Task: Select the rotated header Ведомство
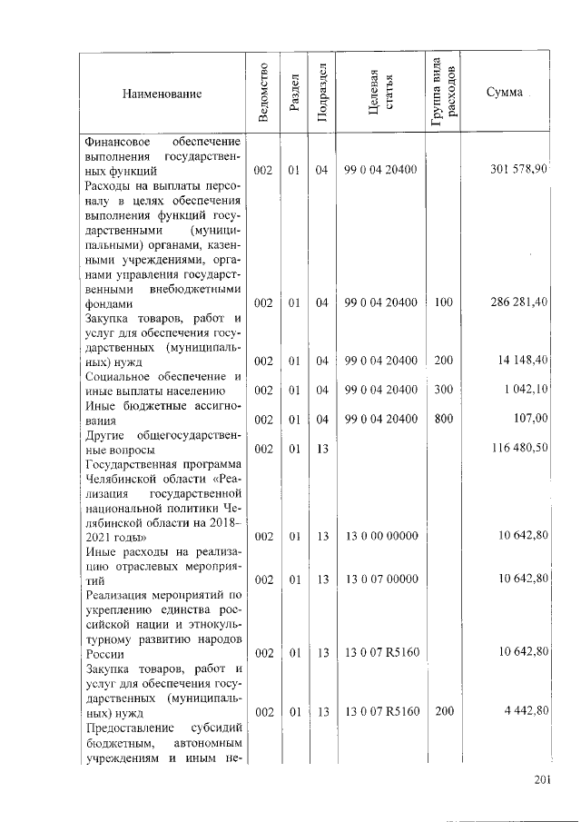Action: point(262,93)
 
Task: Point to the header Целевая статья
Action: point(379,93)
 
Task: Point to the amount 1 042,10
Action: point(527,390)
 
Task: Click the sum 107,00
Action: point(531,419)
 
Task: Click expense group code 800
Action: point(444,419)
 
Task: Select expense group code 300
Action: point(444,390)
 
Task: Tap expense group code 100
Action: point(444,302)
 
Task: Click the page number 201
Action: point(543,778)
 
